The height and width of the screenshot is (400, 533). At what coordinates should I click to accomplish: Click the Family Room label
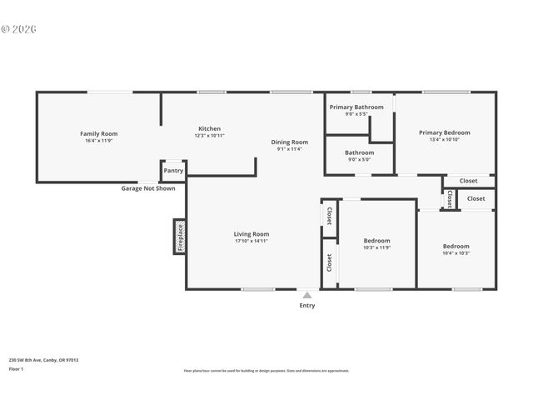tap(98, 133)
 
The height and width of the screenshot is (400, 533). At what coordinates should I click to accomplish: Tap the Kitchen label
tap(209, 128)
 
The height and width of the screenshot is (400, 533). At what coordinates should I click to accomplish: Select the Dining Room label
tap(290, 142)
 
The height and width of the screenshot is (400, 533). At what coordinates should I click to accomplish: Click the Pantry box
tap(173, 171)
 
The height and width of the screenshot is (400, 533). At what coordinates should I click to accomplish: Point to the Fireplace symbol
tap(179, 236)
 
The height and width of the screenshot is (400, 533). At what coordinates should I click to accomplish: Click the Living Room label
tap(251, 234)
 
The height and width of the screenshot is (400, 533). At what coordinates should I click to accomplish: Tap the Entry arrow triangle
tap(307, 295)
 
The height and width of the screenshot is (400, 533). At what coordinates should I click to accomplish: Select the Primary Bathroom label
tap(356, 107)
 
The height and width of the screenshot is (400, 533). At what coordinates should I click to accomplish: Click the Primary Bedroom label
tap(444, 132)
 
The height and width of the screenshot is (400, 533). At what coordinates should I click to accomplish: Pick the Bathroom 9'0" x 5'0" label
tap(359, 152)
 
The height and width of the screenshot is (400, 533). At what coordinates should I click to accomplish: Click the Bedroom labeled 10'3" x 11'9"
tap(376, 241)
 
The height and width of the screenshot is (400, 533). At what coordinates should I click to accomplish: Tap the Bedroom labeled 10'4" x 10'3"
tap(456, 246)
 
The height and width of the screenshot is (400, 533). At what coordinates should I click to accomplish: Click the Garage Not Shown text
tap(148, 188)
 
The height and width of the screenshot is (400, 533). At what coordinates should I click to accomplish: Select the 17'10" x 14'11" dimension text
tap(251, 242)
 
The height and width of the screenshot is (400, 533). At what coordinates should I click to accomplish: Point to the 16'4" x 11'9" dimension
tap(98, 141)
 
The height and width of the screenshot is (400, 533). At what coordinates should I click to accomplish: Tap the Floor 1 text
tap(16, 368)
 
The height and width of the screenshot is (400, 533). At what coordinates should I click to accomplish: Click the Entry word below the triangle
tap(307, 305)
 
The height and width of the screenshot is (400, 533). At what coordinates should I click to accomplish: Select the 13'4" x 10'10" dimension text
tap(444, 140)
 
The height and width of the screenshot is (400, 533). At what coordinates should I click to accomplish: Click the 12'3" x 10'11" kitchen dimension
tap(209, 136)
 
